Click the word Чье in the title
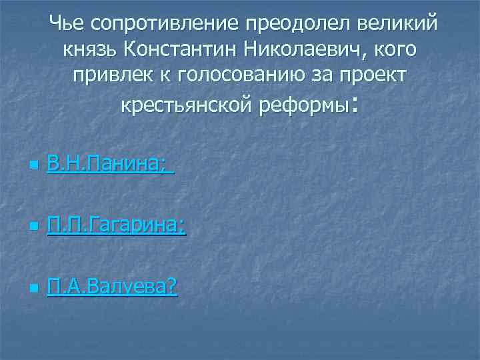point(66,25)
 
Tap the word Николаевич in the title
point(306,51)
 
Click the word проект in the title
point(373,77)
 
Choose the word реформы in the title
point(305,105)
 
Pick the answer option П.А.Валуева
point(112,288)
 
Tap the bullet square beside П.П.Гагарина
point(33,229)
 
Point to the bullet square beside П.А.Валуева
point(33,290)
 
